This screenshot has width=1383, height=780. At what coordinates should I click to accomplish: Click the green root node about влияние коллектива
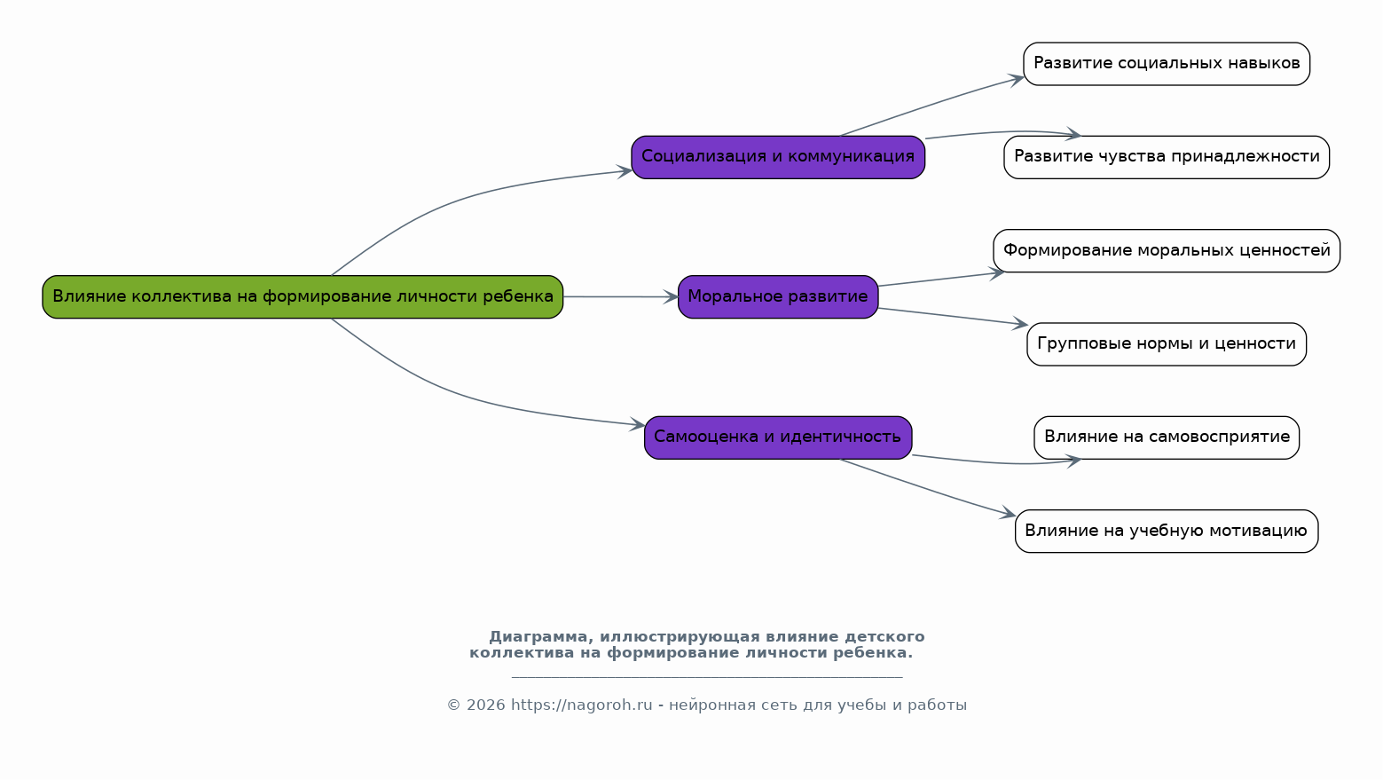303,296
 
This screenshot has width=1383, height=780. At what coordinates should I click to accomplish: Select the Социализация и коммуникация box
777,157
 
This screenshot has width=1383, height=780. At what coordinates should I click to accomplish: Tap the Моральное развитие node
777,296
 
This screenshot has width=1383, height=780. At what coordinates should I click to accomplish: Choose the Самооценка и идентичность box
777,437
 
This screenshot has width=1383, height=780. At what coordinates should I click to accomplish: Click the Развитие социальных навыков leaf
1166,64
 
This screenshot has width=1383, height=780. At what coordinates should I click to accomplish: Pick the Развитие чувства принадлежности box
1166,157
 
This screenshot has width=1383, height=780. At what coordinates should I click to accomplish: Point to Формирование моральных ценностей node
1166,250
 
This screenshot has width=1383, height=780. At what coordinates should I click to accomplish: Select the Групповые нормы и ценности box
1166,343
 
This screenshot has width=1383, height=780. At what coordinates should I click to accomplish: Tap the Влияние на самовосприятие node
1166,437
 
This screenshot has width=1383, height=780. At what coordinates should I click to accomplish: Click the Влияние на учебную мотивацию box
1166,531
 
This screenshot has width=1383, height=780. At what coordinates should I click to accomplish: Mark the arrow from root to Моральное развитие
620,296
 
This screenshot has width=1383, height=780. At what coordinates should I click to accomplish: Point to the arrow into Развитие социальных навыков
931,106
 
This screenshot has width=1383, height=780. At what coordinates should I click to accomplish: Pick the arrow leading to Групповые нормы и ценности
954,317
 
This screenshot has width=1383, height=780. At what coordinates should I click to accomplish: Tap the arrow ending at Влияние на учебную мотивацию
931,489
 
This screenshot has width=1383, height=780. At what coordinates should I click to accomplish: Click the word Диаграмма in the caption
538,637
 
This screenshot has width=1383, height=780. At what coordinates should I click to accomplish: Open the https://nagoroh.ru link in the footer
581,705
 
